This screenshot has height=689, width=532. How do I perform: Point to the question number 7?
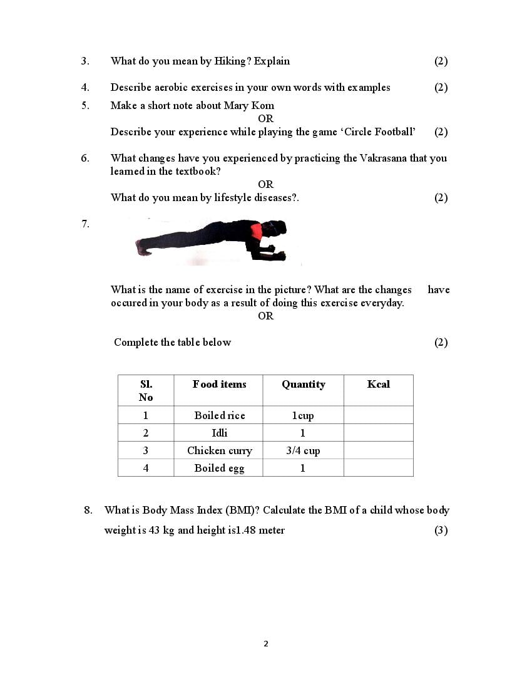click(x=85, y=224)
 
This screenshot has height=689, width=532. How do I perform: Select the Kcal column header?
click(x=378, y=384)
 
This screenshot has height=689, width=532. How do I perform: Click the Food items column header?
click(x=219, y=384)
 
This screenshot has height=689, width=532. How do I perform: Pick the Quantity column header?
click(x=303, y=384)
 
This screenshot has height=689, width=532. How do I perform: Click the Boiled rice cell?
click(x=219, y=415)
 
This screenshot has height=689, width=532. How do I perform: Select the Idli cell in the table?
click(x=219, y=433)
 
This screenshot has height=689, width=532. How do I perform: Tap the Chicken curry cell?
click(x=219, y=450)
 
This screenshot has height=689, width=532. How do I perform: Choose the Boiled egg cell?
click(x=219, y=468)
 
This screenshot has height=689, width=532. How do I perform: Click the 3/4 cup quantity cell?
click(x=303, y=450)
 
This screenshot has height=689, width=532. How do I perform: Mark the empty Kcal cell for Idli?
click(x=378, y=433)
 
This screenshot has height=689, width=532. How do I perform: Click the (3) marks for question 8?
click(x=441, y=530)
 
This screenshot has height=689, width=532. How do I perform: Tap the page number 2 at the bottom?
click(x=266, y=643)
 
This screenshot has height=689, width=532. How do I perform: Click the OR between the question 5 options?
click(x=265, y=118)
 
